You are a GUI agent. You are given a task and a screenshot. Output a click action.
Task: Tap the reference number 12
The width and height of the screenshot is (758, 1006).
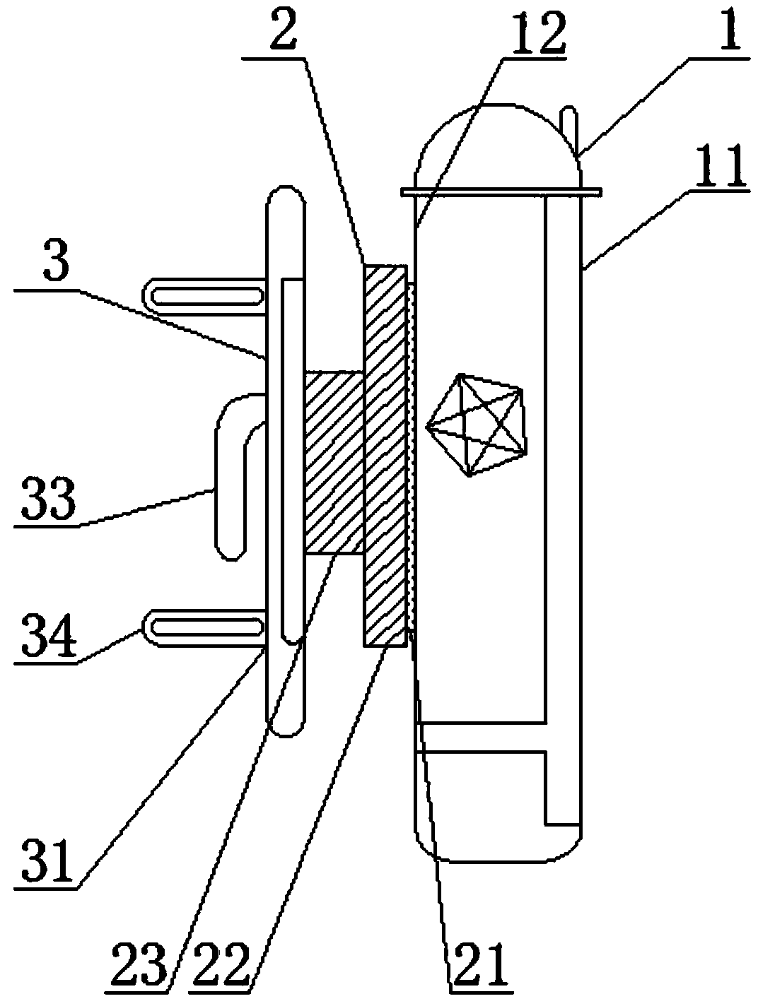coord(533,32)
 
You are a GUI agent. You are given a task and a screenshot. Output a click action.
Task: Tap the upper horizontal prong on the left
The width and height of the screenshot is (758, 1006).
coord(205,292)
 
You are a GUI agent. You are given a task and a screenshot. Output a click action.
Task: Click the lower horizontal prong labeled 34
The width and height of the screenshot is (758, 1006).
coord(205,627)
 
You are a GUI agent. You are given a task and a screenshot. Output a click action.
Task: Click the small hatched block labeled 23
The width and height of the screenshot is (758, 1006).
coord(333,462)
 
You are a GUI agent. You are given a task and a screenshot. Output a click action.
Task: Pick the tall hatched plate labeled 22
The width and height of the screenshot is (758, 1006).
coord(386,456)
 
